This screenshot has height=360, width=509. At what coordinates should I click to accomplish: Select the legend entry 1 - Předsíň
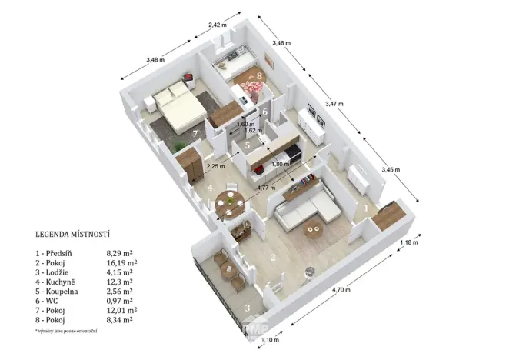click(x=59, y=252)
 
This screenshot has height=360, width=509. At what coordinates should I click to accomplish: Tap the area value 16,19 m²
click(x=119, y=262)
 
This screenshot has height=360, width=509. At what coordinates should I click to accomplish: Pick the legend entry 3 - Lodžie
click(x=58, y=272)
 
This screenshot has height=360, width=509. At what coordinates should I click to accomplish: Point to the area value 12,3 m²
click(x=118, y=282)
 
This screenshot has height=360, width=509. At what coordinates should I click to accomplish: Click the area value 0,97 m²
click(x=118, y=301)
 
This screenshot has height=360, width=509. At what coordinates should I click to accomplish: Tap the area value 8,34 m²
click(x=118, y=319)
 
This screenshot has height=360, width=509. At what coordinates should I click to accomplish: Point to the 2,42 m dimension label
click(x=218, y=25)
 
